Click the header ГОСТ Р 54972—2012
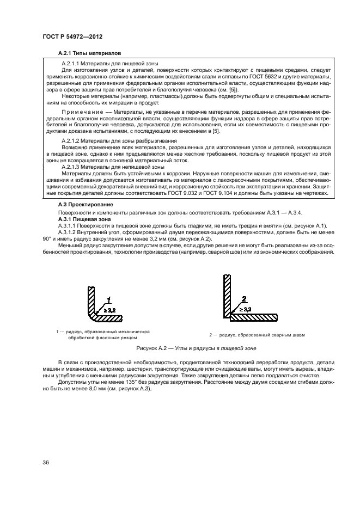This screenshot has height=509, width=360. [72, 36]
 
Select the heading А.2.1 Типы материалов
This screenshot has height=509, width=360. [89, 53]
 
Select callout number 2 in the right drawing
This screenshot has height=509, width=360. [244, 299]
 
